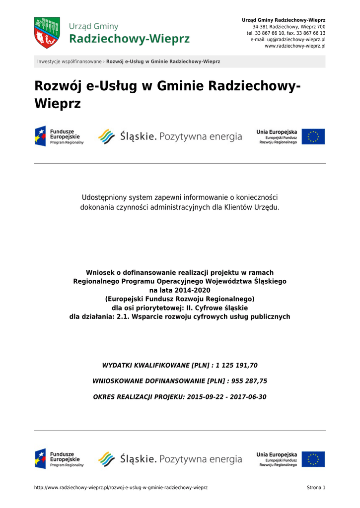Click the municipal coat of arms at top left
[47, 33]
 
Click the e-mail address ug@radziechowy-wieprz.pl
[295, 39]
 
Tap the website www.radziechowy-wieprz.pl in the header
[295, 46]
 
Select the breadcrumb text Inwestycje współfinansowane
[69, 62]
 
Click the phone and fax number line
[286, 33]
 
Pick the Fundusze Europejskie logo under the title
[59, 136]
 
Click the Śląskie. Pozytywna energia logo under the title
[170, 136]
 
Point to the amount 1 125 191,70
[237, 366]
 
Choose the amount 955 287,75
[246, 381]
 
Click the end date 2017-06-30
[248, 397]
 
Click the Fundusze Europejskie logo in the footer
[59, 459]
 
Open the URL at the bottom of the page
[121, 488]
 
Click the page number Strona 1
[316, 488]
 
